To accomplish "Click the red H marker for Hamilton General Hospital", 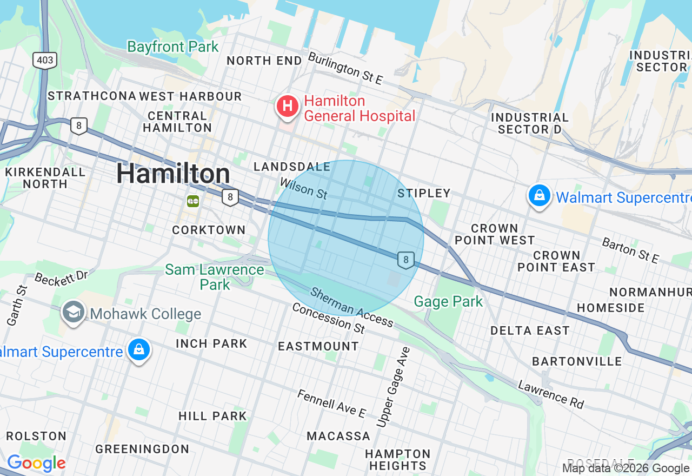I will point(288,106).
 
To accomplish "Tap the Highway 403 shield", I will point(44,59).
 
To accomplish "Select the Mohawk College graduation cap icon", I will point(73,313).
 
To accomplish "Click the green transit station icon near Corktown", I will point(193,201).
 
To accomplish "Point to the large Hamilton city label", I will point(173,174).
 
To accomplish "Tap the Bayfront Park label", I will point(173,47).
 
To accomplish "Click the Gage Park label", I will point(448,301).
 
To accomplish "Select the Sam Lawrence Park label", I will point(215,277).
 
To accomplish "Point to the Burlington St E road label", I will point(345,68).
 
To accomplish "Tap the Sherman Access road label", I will point(352,307).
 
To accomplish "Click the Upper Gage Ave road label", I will point(394,387).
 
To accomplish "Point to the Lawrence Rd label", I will point(551,395).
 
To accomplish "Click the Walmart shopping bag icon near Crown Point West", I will point(539,196).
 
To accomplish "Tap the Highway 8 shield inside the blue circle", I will point(406,260).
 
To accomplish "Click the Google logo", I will point(36,464).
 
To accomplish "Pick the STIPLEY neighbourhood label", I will point(424,193).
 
